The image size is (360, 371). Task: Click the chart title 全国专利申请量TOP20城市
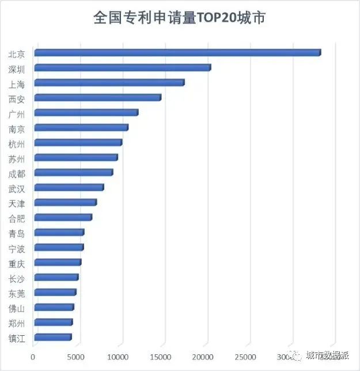pyautogui.click(x=179, y=18)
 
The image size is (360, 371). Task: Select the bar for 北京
pyautogui.click(x=177, y=53)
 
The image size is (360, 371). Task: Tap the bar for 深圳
pyautogui.click(x=122, y=68)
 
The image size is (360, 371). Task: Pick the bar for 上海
pyautogui.click(x=109, y=83)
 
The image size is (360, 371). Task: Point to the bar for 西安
pyautogui.click(x=97, y=98)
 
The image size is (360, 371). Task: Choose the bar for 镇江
pyautogui.click(x=52, y=338)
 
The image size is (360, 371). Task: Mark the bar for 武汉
pyautogui.click(x=69, y=188)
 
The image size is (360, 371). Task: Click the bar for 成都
pyautogui.click(x=73, y=173)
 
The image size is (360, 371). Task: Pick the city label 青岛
pyautogui.click(x=17, y=233)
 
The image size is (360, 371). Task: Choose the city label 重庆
pyautogui.click(x=17, y=263)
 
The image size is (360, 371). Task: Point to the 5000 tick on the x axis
pyautogui.click(x=77, y=357)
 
